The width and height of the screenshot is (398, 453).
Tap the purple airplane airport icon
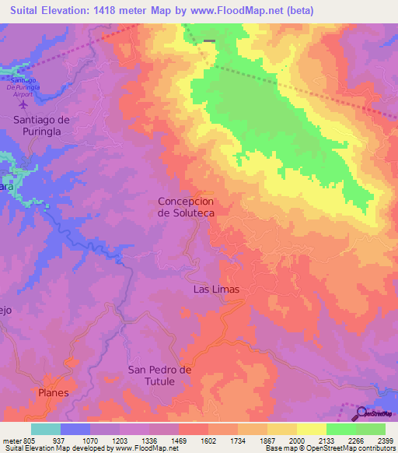click(23, 104)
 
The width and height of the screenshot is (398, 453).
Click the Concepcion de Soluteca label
click(186, 206)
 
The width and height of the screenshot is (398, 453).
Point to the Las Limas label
click(215, 290)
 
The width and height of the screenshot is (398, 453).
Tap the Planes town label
click(54, 393)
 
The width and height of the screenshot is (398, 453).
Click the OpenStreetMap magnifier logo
click(361, 412)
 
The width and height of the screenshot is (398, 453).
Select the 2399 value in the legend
click(386, 440)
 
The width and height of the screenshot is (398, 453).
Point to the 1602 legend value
click(208, 440)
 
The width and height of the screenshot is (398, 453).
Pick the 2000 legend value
click(297, 440)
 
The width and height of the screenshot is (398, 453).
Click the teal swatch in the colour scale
click(46, 429)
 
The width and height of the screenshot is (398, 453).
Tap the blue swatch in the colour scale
click(75, 429)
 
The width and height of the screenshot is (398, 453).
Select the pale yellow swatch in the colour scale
click(312, 429)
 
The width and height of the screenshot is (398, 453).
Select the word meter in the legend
click(12, 440)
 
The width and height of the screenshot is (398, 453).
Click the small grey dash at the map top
click(209, 40)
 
